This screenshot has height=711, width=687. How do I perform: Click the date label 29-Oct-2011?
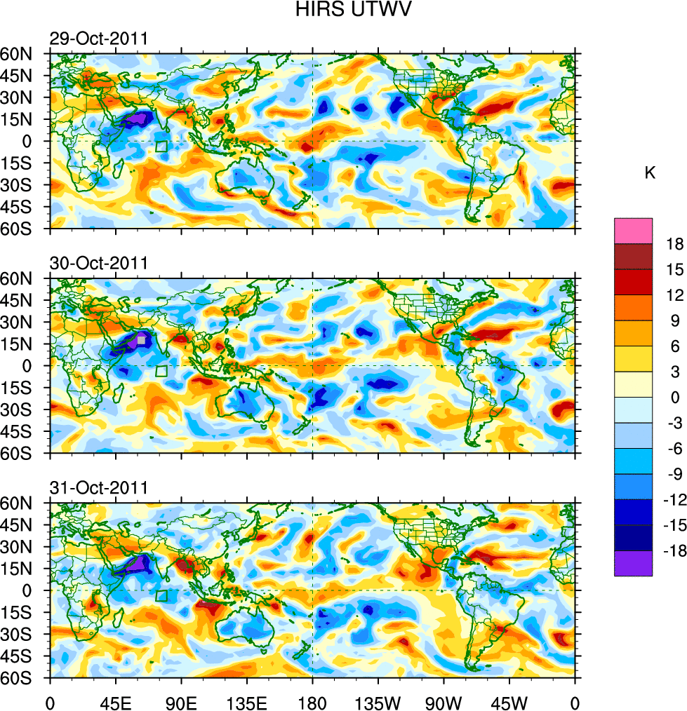tap(98, 39)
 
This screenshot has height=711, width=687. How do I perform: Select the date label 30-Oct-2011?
tap(98, 264)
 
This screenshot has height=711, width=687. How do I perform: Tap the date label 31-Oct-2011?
tap(98, 488)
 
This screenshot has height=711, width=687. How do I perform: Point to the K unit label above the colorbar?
tap(650, 173)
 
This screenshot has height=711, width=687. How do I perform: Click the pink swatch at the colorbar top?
tap(633, 231)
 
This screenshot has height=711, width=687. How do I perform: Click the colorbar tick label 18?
tap(676, 243)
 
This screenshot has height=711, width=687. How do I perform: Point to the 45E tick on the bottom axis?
tap(115, 701)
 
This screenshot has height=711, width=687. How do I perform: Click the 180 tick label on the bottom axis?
tap(312, 701)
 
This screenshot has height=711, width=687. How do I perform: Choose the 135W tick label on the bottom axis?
tap(378, 701)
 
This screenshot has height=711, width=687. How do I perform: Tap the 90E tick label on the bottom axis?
tap(181, 701)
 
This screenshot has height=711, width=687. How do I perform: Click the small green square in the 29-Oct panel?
tap(161, 147)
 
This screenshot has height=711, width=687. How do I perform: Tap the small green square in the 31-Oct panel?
tap(162, 596)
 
